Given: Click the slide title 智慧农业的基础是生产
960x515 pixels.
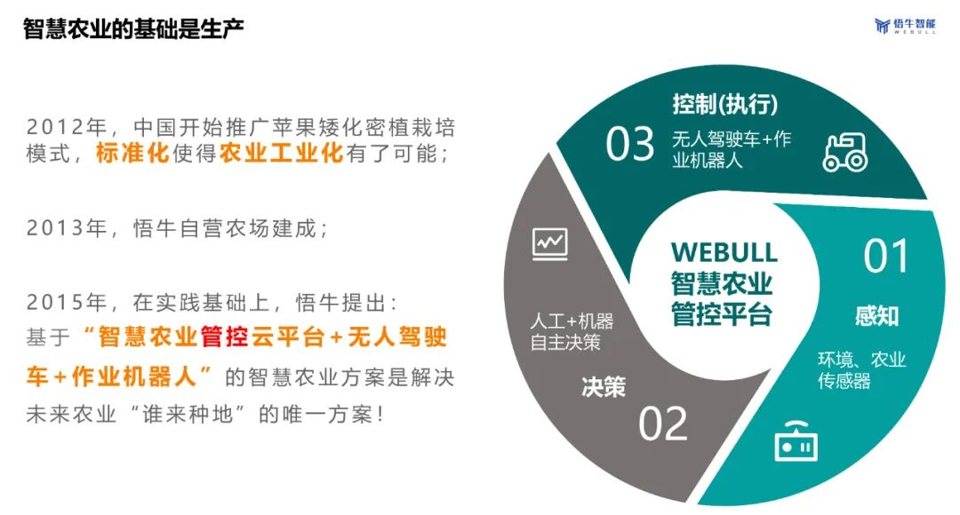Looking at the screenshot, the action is (x=133, y=28).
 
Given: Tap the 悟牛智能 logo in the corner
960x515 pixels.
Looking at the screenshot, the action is (x=905, y=26).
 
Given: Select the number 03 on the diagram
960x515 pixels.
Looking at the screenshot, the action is (x=630, y=145).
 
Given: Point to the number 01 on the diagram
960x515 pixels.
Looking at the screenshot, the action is (x=886, y=257).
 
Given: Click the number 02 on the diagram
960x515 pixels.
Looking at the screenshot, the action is (x=662, y=424).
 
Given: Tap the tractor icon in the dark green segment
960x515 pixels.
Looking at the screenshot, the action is (x=845, y=152).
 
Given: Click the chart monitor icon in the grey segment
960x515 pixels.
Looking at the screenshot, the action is (x=550, y=244).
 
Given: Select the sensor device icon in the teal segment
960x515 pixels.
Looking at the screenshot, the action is (x=796, y=441).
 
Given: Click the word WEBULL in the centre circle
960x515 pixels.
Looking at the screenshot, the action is (x=724, y=252).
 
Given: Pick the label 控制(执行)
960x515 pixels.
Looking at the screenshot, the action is (x=725, y=104).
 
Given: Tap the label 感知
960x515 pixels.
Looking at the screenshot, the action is (x=876, y=316).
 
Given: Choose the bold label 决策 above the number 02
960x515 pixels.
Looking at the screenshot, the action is (x=603, y=386).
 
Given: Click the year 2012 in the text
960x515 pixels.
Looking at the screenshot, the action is (x=55, y=127).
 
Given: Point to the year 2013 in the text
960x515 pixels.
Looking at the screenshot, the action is (x=55, y=228).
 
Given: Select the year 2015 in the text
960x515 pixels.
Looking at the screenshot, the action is (x=55, y=302).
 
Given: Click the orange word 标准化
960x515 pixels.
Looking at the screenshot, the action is (x=132, y=153).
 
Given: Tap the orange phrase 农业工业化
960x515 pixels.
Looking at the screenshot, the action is (x=281, y=153).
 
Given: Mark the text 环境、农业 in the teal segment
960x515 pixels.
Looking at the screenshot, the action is (x=861, y=359).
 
